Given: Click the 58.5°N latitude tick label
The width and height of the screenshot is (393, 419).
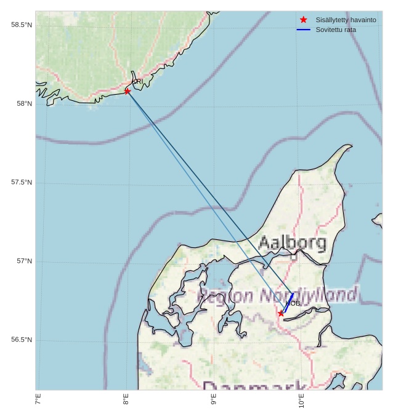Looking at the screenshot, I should (x=22, y=25).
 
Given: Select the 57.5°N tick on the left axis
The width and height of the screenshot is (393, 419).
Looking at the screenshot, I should (x=22, y=182).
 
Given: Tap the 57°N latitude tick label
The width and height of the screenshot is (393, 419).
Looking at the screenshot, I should (x=24, y=261).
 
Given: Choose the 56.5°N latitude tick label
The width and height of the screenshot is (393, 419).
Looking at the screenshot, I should (x=22, y=340).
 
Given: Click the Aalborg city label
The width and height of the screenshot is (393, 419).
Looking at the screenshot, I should (x=292, y=242).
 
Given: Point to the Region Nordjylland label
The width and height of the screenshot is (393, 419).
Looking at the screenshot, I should (x=277, y=295).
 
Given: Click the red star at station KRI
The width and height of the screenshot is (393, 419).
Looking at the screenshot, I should (x=128, y=91).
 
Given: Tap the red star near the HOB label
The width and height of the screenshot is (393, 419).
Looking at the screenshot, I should (x=281, y=313).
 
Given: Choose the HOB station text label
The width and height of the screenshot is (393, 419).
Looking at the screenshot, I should (x=293, y=303).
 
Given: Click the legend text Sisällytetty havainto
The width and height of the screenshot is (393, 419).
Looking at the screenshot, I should (x=346, y=20).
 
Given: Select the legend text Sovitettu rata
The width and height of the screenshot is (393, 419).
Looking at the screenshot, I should (x=336, y=30).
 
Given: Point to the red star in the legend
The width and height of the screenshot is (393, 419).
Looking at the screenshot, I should (x=304, y=20).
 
